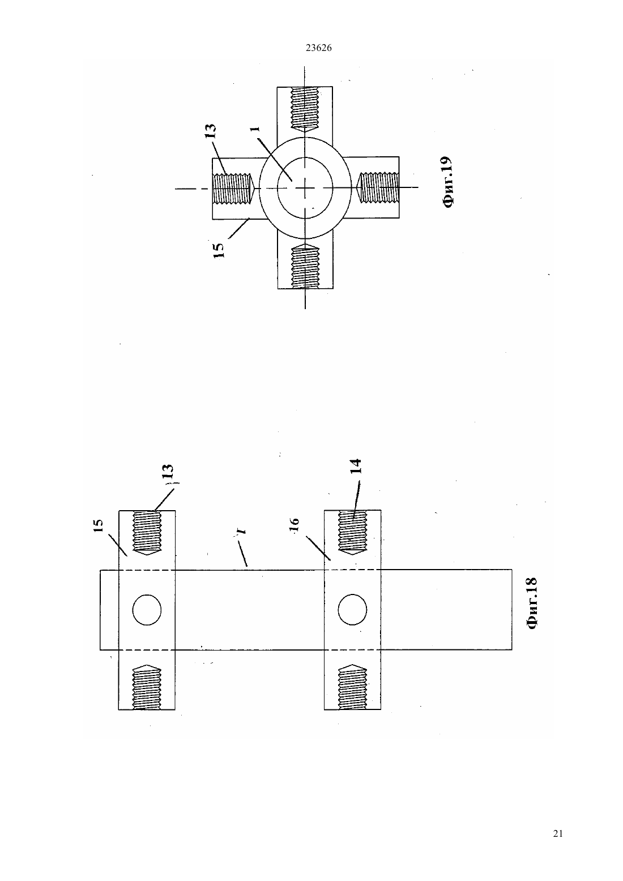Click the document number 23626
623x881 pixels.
318,48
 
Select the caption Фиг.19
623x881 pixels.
447,182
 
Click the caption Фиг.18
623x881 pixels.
531,603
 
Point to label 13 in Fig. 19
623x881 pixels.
211,131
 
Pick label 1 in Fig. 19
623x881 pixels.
255,129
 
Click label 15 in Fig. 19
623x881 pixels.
219,250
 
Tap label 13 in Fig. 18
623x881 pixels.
168,472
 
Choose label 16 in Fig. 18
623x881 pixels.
295,525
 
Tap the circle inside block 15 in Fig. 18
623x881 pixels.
147,610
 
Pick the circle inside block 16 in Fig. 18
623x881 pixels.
352,610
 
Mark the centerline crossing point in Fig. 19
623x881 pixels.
305,189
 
